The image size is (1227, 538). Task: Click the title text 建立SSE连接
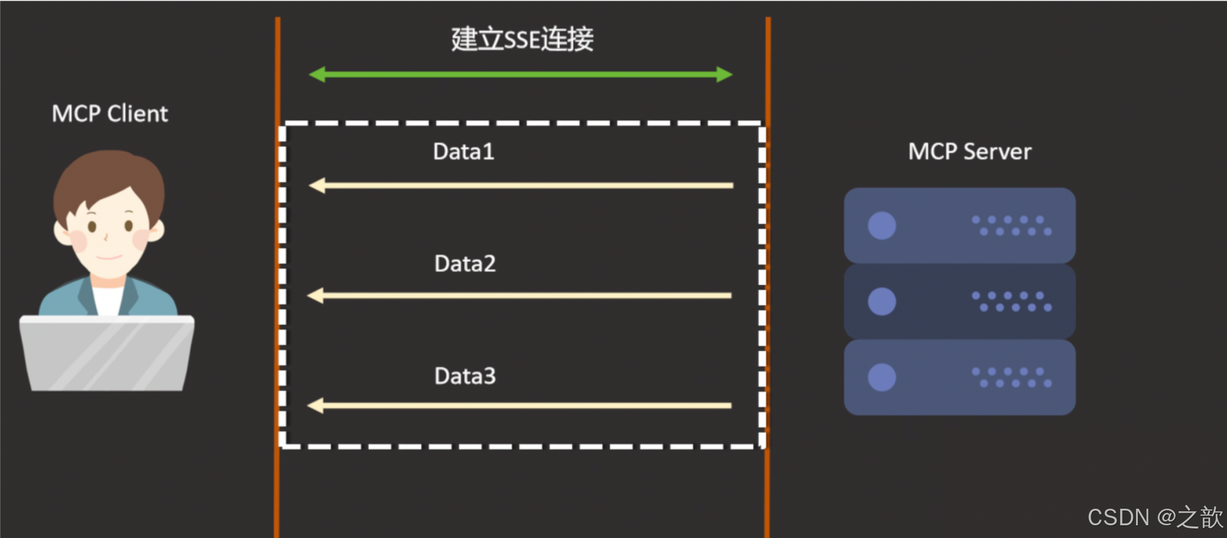point(522,39)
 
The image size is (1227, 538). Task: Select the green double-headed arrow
point(521,74)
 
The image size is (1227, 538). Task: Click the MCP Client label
point(109,114)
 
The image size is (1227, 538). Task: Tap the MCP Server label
point(969,152)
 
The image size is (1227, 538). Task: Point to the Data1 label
point(463,152)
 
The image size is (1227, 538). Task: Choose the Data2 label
point(465,264)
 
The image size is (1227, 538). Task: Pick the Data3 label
point(465,376)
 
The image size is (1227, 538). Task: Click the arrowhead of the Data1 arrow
point(317,186)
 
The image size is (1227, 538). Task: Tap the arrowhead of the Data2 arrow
point(316,296)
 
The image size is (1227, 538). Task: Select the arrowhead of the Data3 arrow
point(316,406)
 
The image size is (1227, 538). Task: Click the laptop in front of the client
point(107,353)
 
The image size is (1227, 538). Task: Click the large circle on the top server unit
point(881,226)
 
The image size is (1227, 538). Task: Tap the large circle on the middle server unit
point(881,301)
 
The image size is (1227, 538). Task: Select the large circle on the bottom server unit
point(881,377)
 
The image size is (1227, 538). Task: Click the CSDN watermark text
point(1154,518)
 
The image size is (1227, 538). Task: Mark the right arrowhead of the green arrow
point(724,74)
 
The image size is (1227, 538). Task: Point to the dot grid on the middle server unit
point(1011,301)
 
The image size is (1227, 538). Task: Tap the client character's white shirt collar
point(107,299)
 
